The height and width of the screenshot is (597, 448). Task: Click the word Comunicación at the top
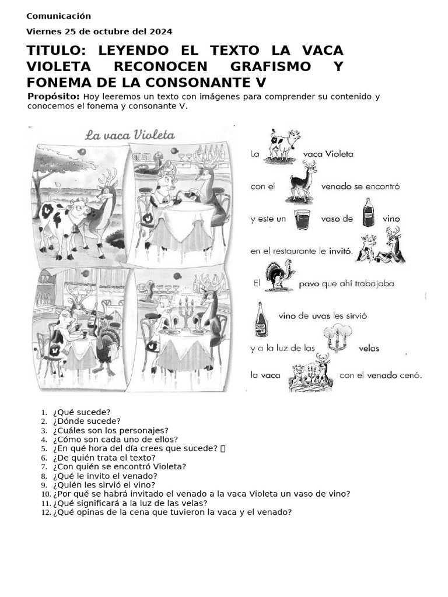(58, 16)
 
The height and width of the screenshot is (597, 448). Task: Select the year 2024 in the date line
(161, 31)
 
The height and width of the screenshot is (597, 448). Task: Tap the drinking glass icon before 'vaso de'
(302, 219)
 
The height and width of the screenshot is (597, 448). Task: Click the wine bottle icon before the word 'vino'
(368, 213)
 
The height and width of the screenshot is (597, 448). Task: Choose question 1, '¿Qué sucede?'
(81, 412)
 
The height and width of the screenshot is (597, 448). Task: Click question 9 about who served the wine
(104, 484)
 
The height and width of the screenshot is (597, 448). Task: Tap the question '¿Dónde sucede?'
(86, 421)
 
